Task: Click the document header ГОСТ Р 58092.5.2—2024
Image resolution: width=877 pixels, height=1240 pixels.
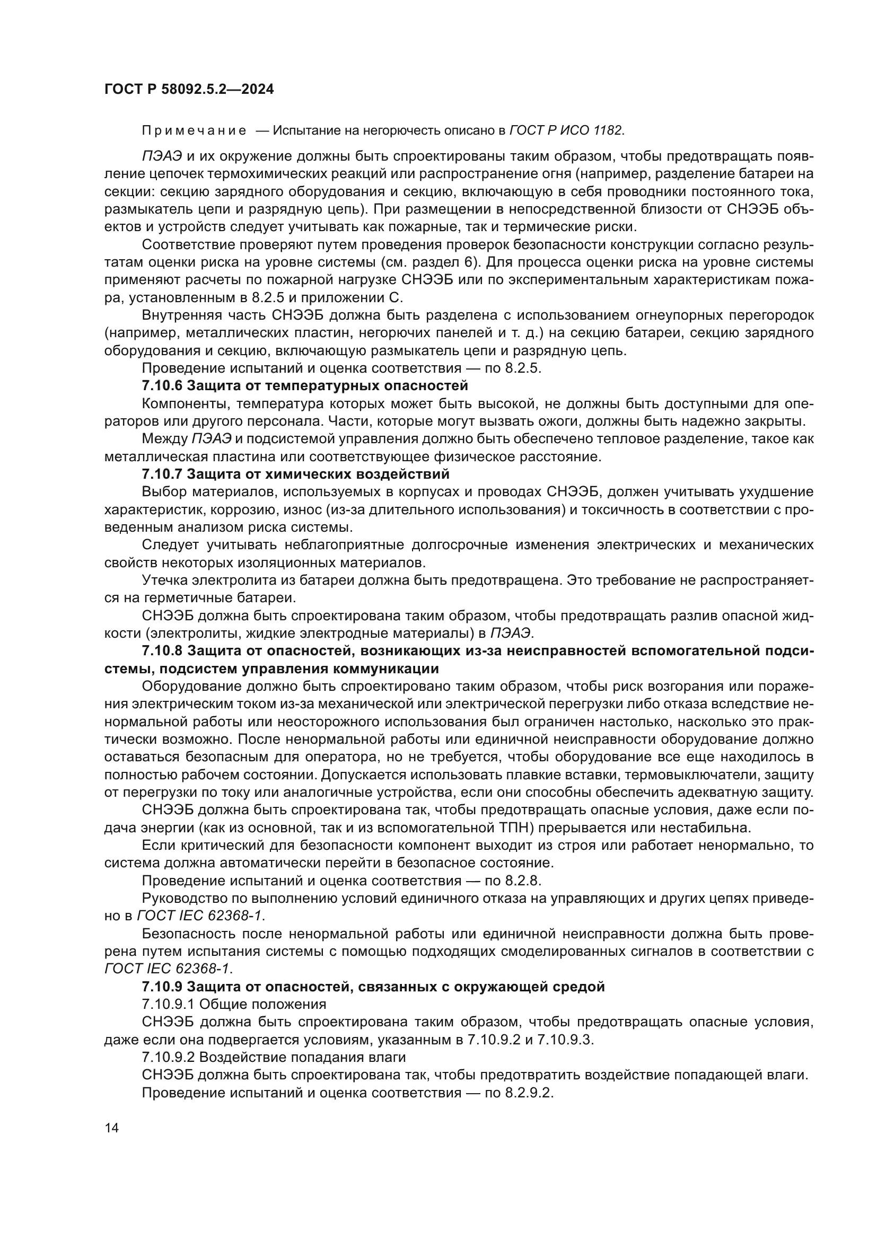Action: [x=189, y=90]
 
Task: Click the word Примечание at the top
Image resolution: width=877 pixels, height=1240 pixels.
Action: [x=194, y=131]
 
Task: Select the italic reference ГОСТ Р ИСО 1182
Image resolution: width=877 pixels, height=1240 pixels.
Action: [x=566, y=131]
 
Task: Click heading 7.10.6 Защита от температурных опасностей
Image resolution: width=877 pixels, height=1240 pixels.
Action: [x=304, y=386]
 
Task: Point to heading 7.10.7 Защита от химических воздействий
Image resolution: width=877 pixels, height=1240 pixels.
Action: [x=295, y=474]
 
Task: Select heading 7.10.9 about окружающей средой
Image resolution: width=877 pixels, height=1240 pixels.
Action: [x=373, y=987]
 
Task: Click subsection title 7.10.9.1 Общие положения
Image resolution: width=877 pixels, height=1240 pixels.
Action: [x=234, y=1005]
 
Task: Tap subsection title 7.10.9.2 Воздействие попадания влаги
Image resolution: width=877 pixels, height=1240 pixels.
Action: [x=273, y=1058]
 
